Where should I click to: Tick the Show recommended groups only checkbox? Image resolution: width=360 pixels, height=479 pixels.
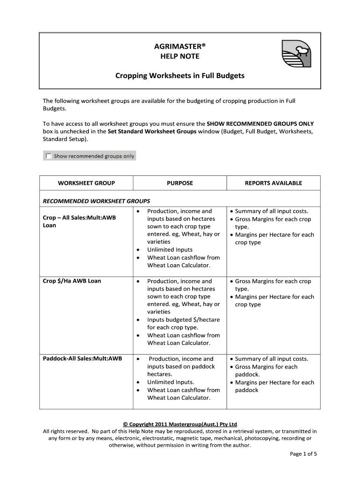coord(48,156)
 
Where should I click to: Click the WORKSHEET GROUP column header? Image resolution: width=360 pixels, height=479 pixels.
coord(86,183)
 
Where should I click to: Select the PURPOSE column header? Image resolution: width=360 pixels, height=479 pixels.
coord(180,183)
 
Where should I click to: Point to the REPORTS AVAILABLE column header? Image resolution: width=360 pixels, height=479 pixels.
coord(274,183)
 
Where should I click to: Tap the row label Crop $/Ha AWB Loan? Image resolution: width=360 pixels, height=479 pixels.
coord(72,281)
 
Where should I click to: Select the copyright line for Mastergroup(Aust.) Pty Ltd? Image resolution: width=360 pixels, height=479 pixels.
coord(180,424)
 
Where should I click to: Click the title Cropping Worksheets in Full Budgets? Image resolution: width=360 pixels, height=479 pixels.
coord(180,75)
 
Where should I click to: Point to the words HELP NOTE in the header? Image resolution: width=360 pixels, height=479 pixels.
coord(180,56)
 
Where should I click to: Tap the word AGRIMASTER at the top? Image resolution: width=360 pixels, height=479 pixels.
coord(180,47)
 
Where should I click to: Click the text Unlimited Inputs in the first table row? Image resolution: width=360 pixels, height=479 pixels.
coord(170,250)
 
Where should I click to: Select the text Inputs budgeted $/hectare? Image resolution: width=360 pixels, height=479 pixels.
coord(183,319)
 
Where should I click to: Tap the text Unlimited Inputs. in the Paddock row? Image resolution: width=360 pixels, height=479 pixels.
coord(171,382)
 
